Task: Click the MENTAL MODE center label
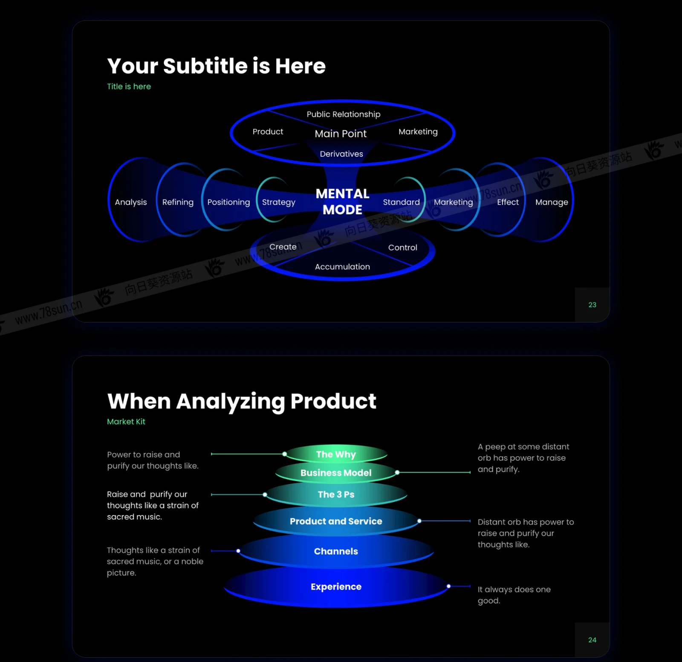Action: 342,201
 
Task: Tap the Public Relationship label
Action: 344,114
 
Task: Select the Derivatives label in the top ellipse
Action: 341,154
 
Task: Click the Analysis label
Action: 131,202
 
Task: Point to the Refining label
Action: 178,202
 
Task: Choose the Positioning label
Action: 228,202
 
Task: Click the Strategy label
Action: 279,202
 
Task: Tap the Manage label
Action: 552,202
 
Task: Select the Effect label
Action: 508,202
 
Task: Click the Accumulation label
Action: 342,267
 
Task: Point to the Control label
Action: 402,248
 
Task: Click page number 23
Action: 592,305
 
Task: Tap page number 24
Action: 592,640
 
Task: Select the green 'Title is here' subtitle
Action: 129,86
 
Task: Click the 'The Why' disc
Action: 336,454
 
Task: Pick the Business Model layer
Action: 336,473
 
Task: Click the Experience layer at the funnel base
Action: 336,587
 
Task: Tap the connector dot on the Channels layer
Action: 238,551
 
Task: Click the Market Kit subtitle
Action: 126,422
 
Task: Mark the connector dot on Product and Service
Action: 419,521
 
